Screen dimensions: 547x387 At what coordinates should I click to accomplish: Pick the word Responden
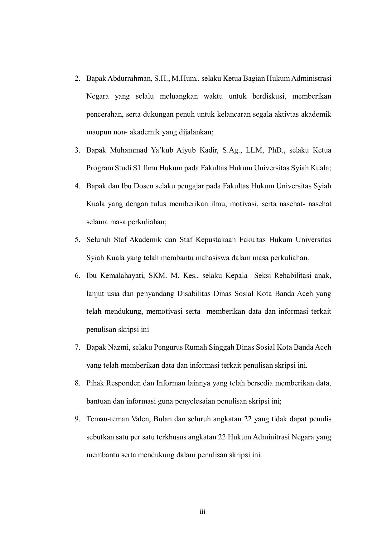[x=123, y=383]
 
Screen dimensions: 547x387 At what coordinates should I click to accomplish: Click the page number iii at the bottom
[x=202, y=511]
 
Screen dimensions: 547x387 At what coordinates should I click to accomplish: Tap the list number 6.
[x=77, y=276]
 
